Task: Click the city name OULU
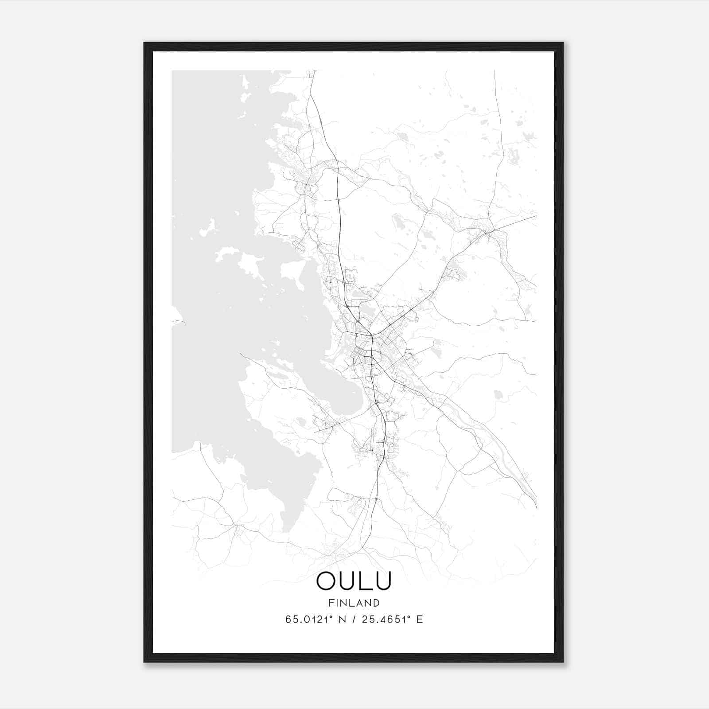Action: [354, 581]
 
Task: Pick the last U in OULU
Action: [382, 581]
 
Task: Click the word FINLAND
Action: [354, 603]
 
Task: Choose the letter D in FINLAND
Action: [376, 603]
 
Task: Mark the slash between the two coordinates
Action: [351, 619]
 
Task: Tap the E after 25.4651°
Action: [420, 619]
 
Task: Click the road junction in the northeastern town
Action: [489, 230]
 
